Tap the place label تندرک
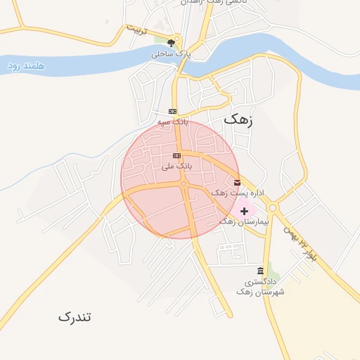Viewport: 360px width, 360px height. pos(75,316)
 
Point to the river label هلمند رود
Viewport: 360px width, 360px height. pos(27,65)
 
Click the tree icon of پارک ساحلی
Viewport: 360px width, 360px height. pos(170,43)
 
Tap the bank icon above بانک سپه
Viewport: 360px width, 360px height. pos(173,112)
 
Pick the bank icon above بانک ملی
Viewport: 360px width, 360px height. pos(176,155)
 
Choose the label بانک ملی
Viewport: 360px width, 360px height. pos(176,167)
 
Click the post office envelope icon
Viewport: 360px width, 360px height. pos(237,182)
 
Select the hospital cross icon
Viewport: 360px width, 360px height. pos(244,211)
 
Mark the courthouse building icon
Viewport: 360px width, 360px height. pos(261,271)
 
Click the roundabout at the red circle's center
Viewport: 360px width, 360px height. pos(184,185)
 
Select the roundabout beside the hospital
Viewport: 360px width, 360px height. pos(272,207)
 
